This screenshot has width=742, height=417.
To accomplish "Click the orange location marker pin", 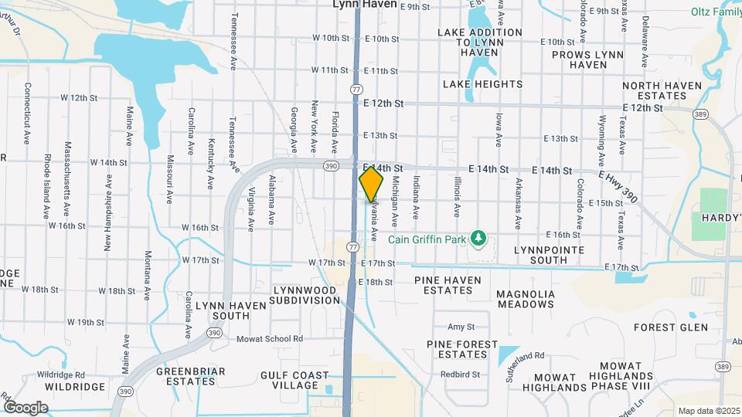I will (x=371, y=185).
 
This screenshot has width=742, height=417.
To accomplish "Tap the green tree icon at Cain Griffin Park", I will (x=479, y=239).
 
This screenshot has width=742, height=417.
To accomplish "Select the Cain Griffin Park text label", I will (x=428, y=239).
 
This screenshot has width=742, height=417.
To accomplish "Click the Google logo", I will (x=25, y=407).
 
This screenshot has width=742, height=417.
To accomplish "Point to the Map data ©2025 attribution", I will (x=708, y=411).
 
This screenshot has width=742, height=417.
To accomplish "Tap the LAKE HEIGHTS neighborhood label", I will (x=482, y=83).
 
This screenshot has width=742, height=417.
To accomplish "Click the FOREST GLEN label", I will (x=670, y=327).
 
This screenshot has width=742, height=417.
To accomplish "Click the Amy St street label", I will (x=461, y=327).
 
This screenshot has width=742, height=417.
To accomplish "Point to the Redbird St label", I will (x=461, y=375).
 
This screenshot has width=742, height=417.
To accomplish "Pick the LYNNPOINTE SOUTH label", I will (x=551, y=254).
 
